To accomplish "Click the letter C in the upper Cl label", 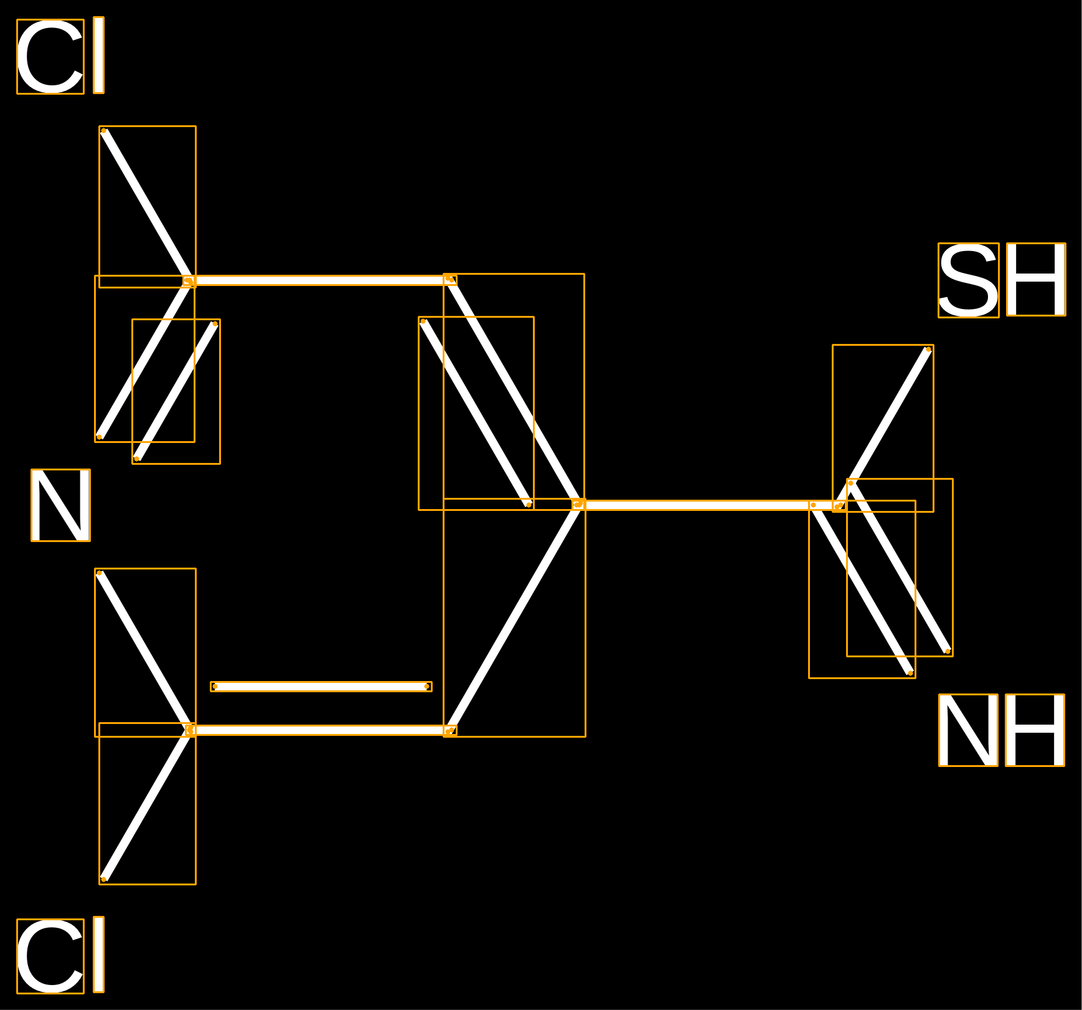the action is coord(50,57).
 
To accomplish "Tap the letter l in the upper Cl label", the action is coord(98,55).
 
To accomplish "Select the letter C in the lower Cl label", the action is coord(50,956).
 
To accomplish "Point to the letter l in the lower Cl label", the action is coord(98,955).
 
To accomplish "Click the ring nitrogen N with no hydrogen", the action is coord(60,505).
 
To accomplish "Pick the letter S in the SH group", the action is coord(969,280).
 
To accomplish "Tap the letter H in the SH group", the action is coord(1036,279).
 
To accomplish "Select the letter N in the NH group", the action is coord(968,730).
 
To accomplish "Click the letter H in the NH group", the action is coord(1035,730).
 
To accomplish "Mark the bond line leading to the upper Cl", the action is coord(147,206).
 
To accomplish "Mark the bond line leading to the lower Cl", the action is coord(147,804).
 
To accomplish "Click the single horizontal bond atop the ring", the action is coord(320,280).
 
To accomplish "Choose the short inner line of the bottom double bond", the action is coord(321,687).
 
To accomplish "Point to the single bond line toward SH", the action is coord(883,428).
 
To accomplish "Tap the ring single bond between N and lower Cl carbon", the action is coord(145,652).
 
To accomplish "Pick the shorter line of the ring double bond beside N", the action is coord(176,391).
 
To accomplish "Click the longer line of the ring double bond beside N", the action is coord(144,359).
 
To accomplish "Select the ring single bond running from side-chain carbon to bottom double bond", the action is coord(514,617).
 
